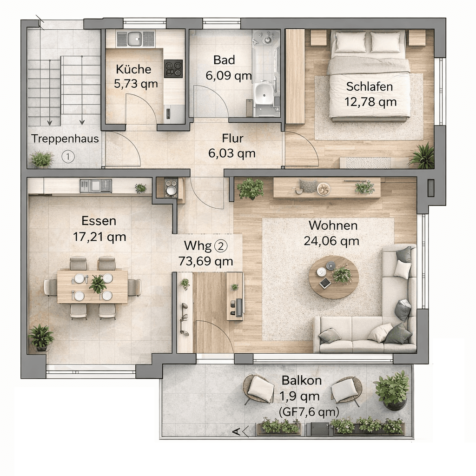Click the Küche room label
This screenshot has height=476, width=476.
133,69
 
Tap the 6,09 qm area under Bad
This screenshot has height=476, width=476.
229,76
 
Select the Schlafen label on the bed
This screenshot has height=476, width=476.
370,86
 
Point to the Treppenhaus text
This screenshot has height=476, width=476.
65,139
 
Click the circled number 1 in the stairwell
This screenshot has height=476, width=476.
68,157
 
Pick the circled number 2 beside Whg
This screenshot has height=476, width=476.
221,245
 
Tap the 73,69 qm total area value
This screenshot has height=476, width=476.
205,261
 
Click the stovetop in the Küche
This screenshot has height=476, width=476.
173,69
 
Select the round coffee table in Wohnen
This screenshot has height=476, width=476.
334,277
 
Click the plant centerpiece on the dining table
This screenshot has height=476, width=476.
98,284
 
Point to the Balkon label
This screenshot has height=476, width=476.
301,380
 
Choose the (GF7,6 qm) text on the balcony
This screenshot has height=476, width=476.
309,412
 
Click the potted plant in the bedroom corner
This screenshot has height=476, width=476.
423,156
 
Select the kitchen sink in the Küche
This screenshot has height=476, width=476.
134,39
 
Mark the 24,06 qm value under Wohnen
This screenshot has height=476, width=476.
331,241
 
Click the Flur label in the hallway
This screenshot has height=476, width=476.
232,139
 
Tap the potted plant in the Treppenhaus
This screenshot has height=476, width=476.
41,159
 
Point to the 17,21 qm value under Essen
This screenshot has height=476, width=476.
99,237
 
